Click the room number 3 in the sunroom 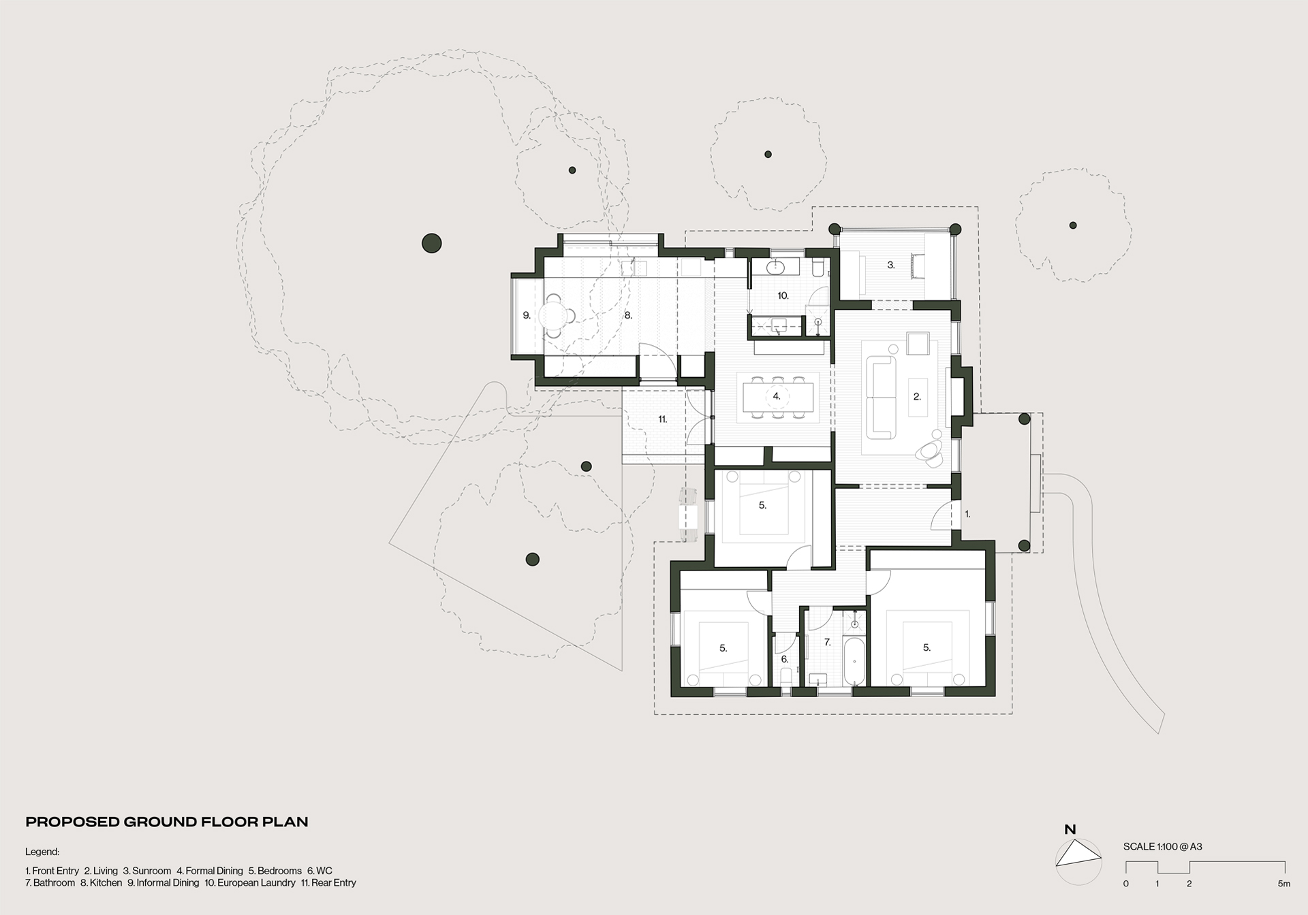point(890,265)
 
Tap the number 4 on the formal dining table point(776,396)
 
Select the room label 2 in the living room point(917,396)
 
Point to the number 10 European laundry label point(783,295)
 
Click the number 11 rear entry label point(662,419)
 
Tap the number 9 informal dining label point(527,315)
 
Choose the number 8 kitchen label point(628,315)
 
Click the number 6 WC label point(785,659)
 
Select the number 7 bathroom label point(827,642)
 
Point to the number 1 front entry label point(967,514)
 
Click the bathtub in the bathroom point(854,662)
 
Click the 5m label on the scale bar point(1283,884)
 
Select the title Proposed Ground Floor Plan point(167,822)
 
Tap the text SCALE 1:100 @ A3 point(1163,847)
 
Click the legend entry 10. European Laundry point(250,883)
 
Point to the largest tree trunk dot point(432,243)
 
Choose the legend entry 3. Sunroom point(147,871)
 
